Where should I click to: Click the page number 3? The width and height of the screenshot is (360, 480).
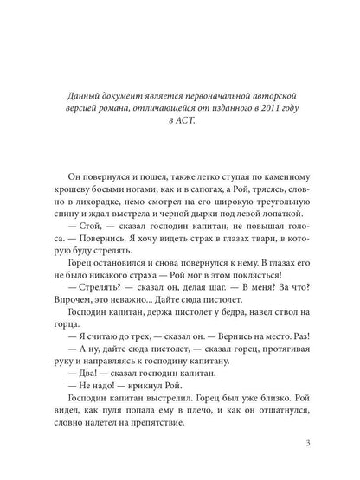tap(296, 445)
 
